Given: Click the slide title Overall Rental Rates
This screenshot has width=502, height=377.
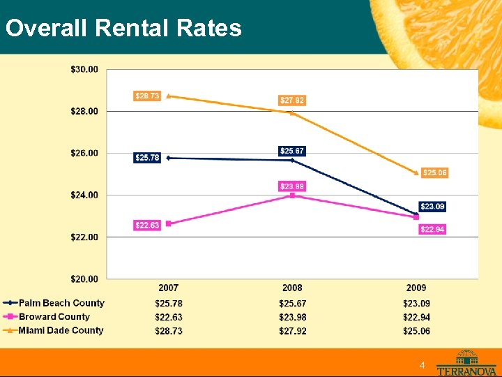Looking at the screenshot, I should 123,29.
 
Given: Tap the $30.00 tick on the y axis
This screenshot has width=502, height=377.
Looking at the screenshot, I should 84,69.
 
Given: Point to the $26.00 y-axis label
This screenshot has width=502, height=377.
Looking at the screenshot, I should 84,153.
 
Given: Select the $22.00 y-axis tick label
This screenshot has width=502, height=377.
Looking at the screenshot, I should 84,237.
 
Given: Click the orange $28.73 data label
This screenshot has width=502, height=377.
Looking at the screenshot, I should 147,96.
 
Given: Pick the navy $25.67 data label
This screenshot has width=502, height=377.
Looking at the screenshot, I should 292,151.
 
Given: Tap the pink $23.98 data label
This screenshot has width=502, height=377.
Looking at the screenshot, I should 292,186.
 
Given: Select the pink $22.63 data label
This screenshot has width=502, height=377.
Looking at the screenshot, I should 147,225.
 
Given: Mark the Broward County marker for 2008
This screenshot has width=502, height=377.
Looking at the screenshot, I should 292,195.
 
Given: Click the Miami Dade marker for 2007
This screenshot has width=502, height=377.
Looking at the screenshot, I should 169,96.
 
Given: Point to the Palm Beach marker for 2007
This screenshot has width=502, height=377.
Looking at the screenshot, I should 169,158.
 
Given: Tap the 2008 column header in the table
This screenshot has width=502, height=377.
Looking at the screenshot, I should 292,288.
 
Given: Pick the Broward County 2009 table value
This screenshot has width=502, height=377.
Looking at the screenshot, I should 416,317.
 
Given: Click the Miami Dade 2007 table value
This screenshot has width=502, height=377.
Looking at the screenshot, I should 169,331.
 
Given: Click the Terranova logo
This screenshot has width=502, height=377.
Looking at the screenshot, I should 466,363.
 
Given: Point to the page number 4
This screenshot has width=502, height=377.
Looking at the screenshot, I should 423,366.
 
